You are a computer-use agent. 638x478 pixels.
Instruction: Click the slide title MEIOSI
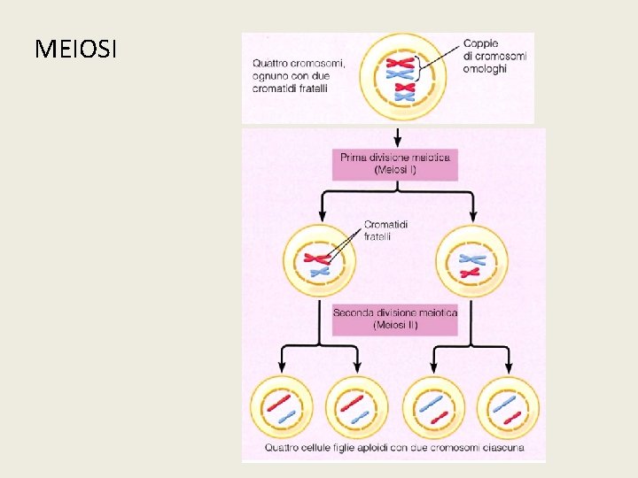click(x=75, y=49)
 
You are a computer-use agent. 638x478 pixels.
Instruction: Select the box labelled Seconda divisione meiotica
click(x=395, y=319)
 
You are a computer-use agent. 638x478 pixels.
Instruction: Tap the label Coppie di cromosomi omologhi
click(x=494, y=56)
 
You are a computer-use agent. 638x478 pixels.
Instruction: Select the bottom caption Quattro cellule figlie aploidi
click(x=395, y=448)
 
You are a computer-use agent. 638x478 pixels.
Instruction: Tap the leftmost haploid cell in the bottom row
click(x=282, y=408)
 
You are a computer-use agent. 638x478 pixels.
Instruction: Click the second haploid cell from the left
click(x=357, y=408)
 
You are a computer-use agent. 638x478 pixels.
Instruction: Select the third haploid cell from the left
click(x=433, y=408)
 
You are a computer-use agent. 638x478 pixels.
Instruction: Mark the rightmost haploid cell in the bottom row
click(x=509, y=408)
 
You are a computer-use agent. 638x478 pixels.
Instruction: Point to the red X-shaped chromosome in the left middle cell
click(x=317, y=258)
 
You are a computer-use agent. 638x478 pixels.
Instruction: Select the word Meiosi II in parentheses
click(x=395, y=326)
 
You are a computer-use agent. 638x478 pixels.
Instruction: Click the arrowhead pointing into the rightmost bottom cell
click(x=509, y=368)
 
